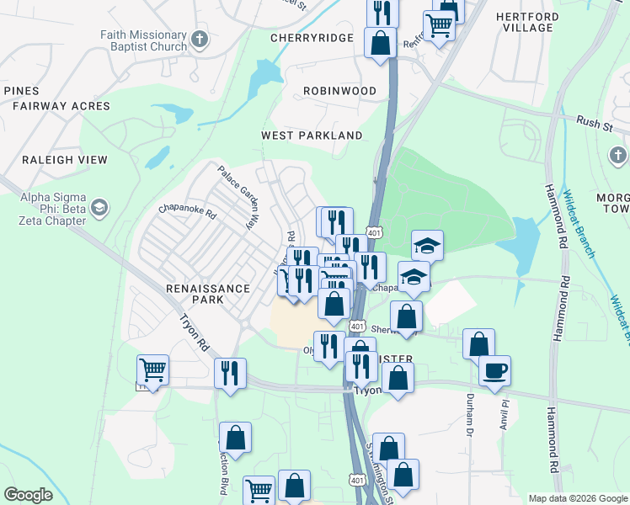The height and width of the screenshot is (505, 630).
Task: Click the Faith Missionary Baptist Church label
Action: click(142, 40)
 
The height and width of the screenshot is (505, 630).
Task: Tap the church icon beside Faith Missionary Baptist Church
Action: click(200, 39)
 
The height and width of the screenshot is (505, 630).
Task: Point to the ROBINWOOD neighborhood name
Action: click(339, 90)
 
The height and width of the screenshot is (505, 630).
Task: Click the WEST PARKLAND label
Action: click(312, 136)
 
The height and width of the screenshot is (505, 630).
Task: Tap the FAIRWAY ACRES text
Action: click(61, 106)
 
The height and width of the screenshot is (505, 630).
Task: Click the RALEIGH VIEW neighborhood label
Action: click(65, 160)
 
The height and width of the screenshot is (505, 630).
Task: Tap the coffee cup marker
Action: click(494, 369)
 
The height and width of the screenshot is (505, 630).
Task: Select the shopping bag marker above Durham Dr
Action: click(478, 343)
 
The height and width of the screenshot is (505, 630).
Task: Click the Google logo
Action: click(29, 495)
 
